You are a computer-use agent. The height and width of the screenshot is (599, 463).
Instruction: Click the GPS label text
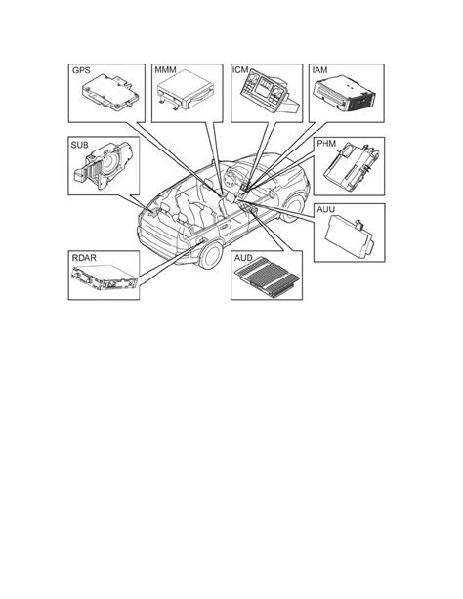click(81, 70)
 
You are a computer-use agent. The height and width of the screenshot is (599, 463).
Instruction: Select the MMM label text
click(165, 70)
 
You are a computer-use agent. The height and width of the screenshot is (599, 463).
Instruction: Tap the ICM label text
click(240, 70)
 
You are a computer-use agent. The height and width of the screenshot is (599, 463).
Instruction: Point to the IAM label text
click(319, 70)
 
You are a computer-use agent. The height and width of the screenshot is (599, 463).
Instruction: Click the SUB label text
click(79, 145)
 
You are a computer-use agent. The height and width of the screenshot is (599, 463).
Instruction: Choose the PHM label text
click(326, 144)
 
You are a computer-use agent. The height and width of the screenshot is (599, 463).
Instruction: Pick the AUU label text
click(326, 209)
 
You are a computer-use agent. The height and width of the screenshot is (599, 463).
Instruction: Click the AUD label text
click(243, 258)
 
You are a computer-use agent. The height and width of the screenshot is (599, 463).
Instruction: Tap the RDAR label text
click(84, 258)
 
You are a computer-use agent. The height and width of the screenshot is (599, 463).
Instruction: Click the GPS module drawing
click(110, 92)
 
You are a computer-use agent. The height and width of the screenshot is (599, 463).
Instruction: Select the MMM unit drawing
click(186, 91)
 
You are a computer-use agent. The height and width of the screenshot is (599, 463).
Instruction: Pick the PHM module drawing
click(352, 166)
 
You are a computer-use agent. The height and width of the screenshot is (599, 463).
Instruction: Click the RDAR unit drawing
click(104, 277)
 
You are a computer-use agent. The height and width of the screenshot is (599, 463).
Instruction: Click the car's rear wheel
click(211, 255)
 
